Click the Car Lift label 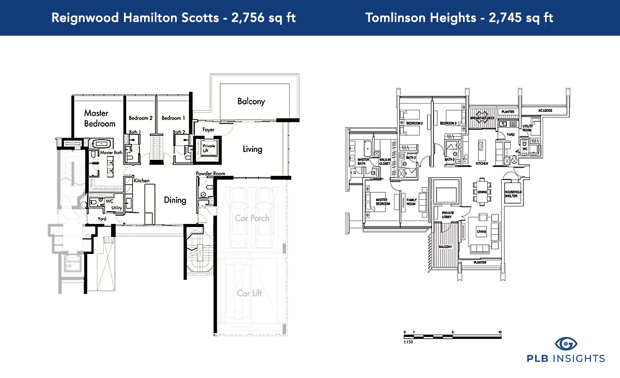(x=249, y=293)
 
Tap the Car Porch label (x=252, y=218)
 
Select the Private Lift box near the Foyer (x=209, y=149)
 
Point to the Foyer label (x=208, y=129)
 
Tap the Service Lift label (x=69, y=265)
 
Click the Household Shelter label (x=514, y=192)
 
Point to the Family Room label (x=411, y=202)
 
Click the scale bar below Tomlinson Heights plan (x=452, y=337)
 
